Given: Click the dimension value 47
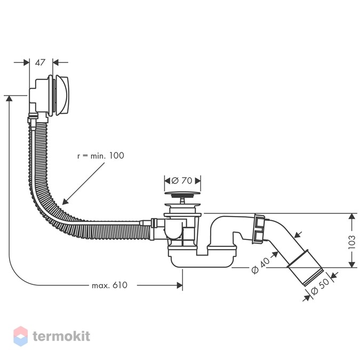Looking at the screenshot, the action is point(40,62).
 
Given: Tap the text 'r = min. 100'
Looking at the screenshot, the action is point(101,156).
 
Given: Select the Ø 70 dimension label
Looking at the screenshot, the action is point(182,181).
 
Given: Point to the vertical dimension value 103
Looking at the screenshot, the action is point(352,242).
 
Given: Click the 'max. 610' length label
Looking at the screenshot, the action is point(109,285).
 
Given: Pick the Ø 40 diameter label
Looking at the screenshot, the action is point(261,266).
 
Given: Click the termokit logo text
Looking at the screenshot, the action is point(61,336).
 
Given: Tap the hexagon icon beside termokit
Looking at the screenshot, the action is point(21,336).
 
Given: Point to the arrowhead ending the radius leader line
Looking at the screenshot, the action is point(65,202).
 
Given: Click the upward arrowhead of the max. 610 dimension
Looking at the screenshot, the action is point(9,99).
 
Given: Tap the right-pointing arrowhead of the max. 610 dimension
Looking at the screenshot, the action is point(180,285).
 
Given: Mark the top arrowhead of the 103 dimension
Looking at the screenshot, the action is point(352,217).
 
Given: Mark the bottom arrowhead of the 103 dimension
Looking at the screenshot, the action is point(352,265).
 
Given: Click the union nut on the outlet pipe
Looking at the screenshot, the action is point(259,229).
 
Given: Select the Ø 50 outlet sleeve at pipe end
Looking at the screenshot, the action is point(306,268).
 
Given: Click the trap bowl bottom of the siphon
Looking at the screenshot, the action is point(201,261).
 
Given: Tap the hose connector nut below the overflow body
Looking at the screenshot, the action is point(32,118).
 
